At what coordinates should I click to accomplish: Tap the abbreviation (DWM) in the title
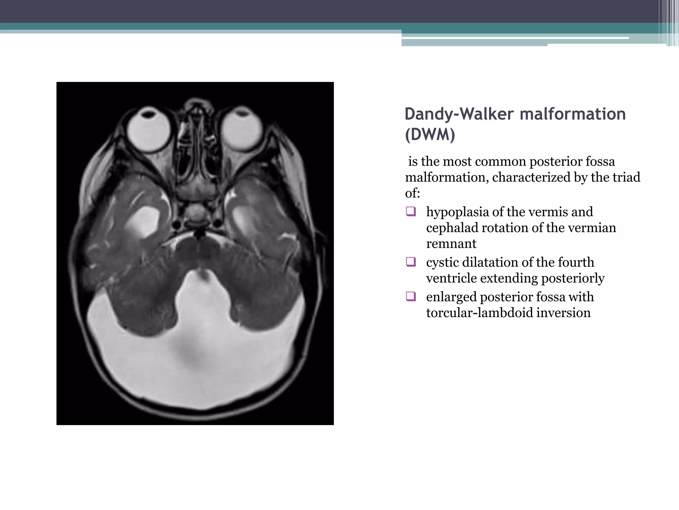(430, 134)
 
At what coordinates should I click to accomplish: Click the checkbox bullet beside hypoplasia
(411, 212)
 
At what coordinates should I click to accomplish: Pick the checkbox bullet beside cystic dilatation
(411, 262)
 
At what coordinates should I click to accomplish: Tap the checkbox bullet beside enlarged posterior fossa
(411, 296)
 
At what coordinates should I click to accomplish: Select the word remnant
(451, 244)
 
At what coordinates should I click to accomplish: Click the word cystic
(442, 262)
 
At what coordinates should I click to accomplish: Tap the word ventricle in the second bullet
(451, 278)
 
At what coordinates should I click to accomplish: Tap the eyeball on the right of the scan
(242, 129)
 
